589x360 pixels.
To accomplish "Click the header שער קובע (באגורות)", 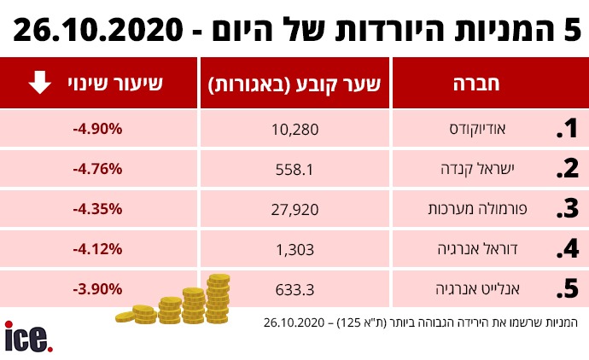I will click(x=294, y=84).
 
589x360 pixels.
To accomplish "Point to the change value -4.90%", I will click(x=98, y=130).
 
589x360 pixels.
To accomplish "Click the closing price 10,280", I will click(x=294, y=130).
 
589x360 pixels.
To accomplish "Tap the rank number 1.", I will click(x=567, y=130).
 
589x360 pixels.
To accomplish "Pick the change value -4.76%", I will click(x=98, y=169).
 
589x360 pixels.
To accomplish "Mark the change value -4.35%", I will click(x=98, y=209).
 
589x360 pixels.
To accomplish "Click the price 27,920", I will click(x=294, y=209).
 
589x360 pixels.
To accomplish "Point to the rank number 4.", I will click(x=567, y=249).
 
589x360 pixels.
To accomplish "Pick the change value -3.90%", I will click(x=98, y=289).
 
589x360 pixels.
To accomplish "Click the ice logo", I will click(x=29, y=336).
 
